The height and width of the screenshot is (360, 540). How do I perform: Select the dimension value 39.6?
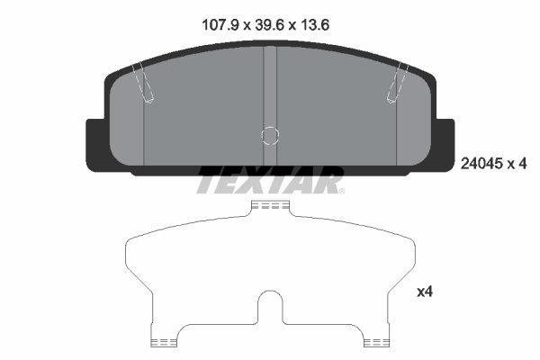[269, 26]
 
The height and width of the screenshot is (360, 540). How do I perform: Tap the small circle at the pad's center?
[269, 135]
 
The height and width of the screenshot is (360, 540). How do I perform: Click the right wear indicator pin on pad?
[395, 84]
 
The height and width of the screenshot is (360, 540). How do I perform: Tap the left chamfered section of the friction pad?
[126, 126]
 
